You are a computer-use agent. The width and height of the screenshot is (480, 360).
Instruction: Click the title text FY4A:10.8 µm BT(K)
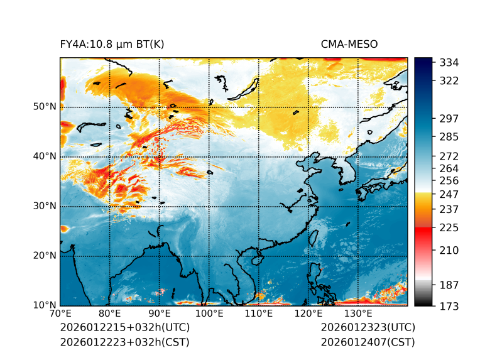point(112,44)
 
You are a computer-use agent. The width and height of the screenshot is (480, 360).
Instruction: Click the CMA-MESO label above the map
point(349,44)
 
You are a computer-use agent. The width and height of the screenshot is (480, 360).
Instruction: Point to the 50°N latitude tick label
point(44,107)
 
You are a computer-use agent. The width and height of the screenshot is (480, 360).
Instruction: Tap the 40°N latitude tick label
point(44,156)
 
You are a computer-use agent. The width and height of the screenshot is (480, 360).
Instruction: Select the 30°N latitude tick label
point(44,206)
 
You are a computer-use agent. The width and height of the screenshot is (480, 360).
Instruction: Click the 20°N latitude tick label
point(44,256)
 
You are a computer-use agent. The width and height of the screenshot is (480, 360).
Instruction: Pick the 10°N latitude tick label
point(44,305)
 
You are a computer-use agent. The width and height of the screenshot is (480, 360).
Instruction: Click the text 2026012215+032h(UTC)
point(124,328)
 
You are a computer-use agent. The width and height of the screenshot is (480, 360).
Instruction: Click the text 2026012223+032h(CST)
point(124,342)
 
